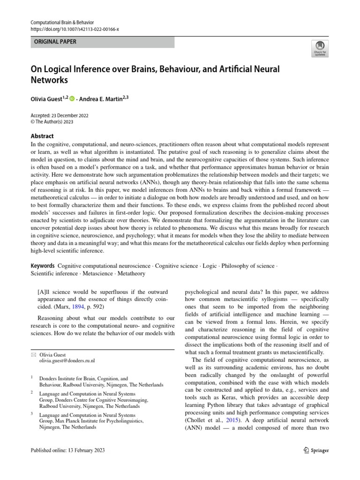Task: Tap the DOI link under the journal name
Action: click(x=75, y=29)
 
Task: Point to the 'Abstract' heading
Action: click(x=42, y=136)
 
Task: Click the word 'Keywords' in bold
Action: click(x=43, y=266)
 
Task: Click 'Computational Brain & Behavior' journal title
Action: click(x=62, y=22)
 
